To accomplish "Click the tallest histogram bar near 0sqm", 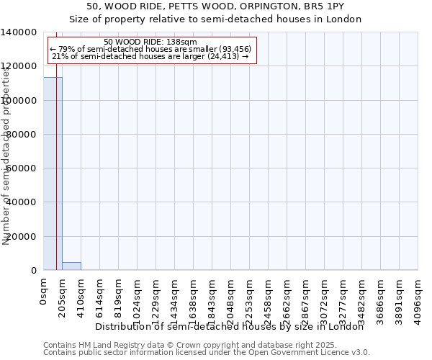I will point(53,173).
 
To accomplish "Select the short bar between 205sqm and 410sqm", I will point(71,266).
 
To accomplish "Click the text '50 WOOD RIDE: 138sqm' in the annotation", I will point(150,42).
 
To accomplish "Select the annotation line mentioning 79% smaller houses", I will point(150,49).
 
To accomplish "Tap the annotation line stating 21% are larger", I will point(150,56).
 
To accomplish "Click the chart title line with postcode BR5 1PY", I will point(215,6).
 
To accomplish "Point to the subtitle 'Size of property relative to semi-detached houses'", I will point(215,19).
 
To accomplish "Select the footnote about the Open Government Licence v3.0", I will point(207,353).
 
